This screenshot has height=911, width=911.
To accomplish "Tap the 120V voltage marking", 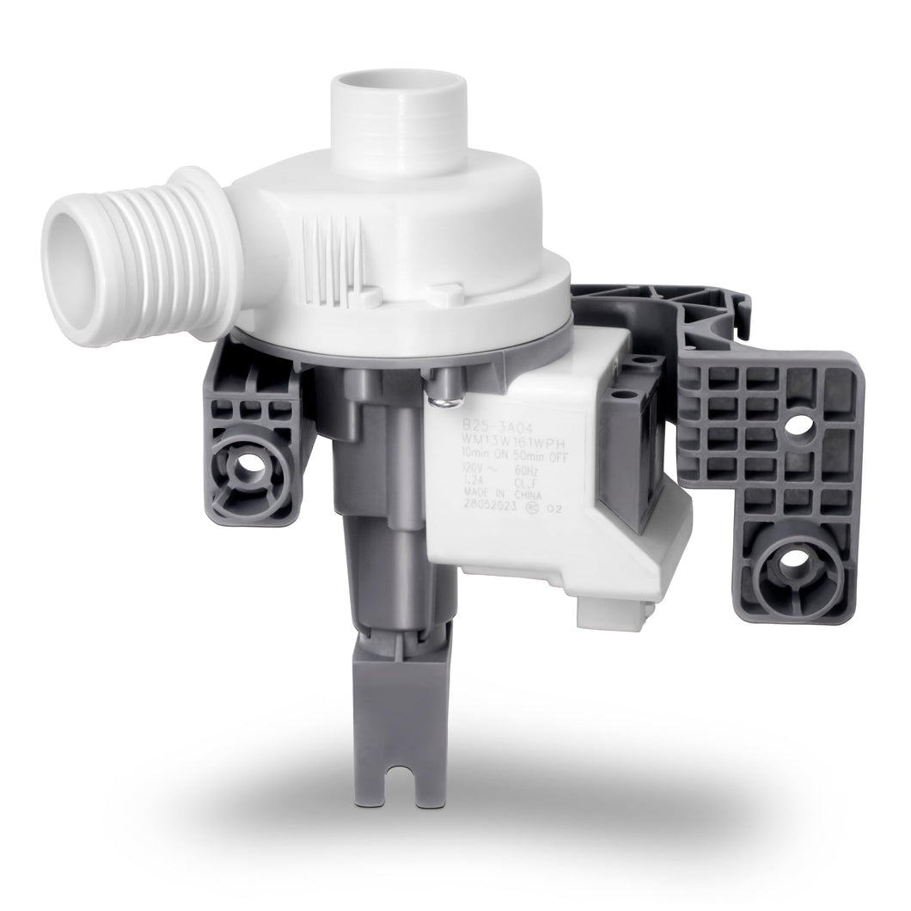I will [x=457, y=471].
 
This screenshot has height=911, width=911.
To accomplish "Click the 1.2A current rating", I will [x=450, y=486].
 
